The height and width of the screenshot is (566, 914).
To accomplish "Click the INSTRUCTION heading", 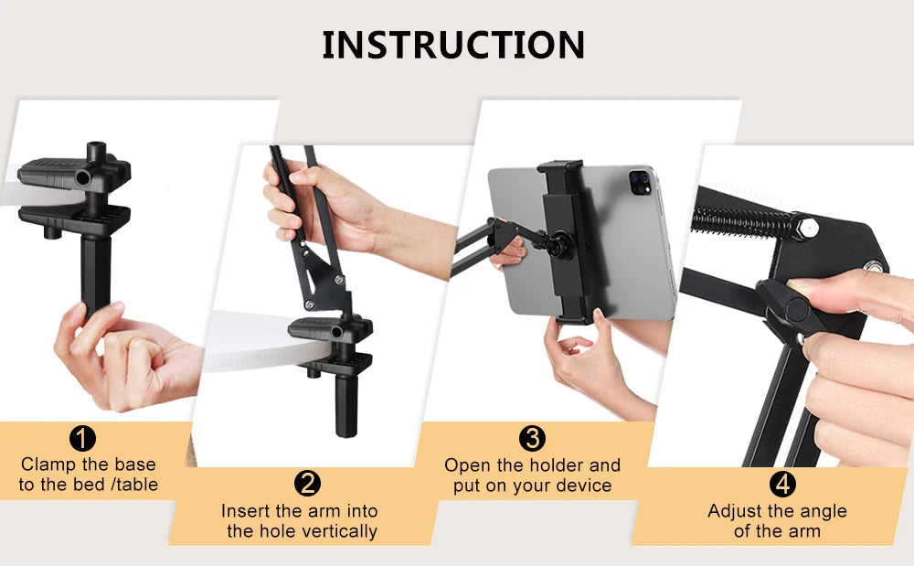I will coord(453,45).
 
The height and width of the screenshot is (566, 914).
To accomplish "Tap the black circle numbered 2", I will coord(308,484).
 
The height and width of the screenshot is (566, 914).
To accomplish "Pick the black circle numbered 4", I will coord(782,484).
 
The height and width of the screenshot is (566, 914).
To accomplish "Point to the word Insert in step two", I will coord(247,511).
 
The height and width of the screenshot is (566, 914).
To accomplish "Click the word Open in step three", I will coord(466,465).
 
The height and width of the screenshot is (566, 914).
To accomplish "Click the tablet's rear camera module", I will coord(638,186).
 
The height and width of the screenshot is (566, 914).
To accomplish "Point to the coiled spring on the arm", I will coord(749,220).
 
